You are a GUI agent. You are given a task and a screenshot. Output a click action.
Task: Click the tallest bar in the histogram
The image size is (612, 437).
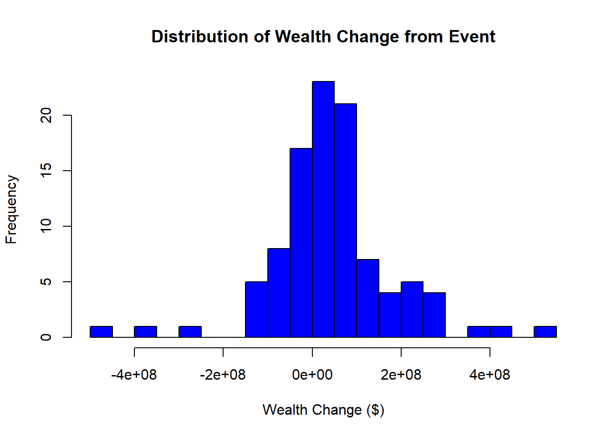323,209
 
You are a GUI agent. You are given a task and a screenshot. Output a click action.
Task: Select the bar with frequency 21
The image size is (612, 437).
346,220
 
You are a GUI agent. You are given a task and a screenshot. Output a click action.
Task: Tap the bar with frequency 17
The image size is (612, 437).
301,243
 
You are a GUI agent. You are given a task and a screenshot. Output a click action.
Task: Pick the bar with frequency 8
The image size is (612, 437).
279,293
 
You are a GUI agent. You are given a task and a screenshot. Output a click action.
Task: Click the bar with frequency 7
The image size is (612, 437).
368,298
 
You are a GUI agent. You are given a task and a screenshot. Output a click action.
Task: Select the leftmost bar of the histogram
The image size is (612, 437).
101,332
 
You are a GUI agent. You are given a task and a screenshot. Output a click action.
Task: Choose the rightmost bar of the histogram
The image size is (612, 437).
546,332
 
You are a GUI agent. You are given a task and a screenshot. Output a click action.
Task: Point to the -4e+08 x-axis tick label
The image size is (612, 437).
134,375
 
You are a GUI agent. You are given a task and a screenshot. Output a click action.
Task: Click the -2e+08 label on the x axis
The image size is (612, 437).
223,375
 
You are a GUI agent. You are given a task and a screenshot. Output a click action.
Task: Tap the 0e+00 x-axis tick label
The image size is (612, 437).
312,375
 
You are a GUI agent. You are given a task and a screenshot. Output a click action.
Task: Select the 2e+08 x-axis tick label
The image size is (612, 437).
401,375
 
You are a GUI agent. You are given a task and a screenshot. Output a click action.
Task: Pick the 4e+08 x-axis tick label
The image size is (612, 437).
490,375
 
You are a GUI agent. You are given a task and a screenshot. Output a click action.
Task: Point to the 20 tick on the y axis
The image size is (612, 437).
46,115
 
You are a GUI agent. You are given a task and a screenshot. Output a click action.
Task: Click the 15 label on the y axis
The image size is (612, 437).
46,171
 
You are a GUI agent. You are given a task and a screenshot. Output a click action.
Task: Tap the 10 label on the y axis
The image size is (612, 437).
46,226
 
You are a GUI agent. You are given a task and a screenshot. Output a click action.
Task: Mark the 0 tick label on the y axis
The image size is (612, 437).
46,337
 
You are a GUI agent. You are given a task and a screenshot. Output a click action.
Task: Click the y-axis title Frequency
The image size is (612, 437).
11,209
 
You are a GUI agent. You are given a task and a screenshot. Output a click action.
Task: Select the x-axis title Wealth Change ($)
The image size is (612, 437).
323,410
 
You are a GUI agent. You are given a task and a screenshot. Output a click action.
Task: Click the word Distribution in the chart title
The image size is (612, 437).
200,36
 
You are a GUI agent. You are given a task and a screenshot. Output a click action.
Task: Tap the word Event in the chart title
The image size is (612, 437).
472,36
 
